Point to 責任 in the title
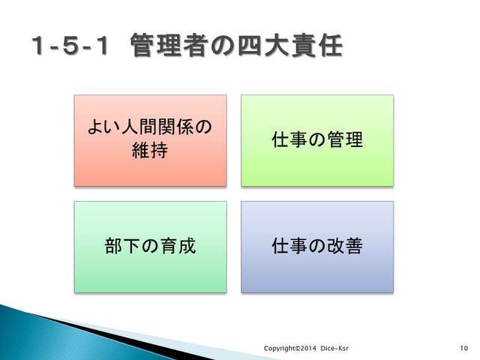[x=316, y=46]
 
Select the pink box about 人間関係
[x=151, y=140]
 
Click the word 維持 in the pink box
[x=150, y=150]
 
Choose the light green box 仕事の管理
[x=317, y=140]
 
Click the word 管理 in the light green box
[x=345, y=139]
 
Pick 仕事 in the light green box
[x=289, y=139]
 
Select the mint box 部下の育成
[x=151, y=247]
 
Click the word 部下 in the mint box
[x=122, y=246]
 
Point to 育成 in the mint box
[x=178, y=246]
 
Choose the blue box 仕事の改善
[x=317, y=247]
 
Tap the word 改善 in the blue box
[x=345, y=246]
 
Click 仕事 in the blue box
[x=289, y=246]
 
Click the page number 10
[x=464, y=348]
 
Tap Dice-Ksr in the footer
[x=334, y=348]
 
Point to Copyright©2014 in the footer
[x=290, y=348]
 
